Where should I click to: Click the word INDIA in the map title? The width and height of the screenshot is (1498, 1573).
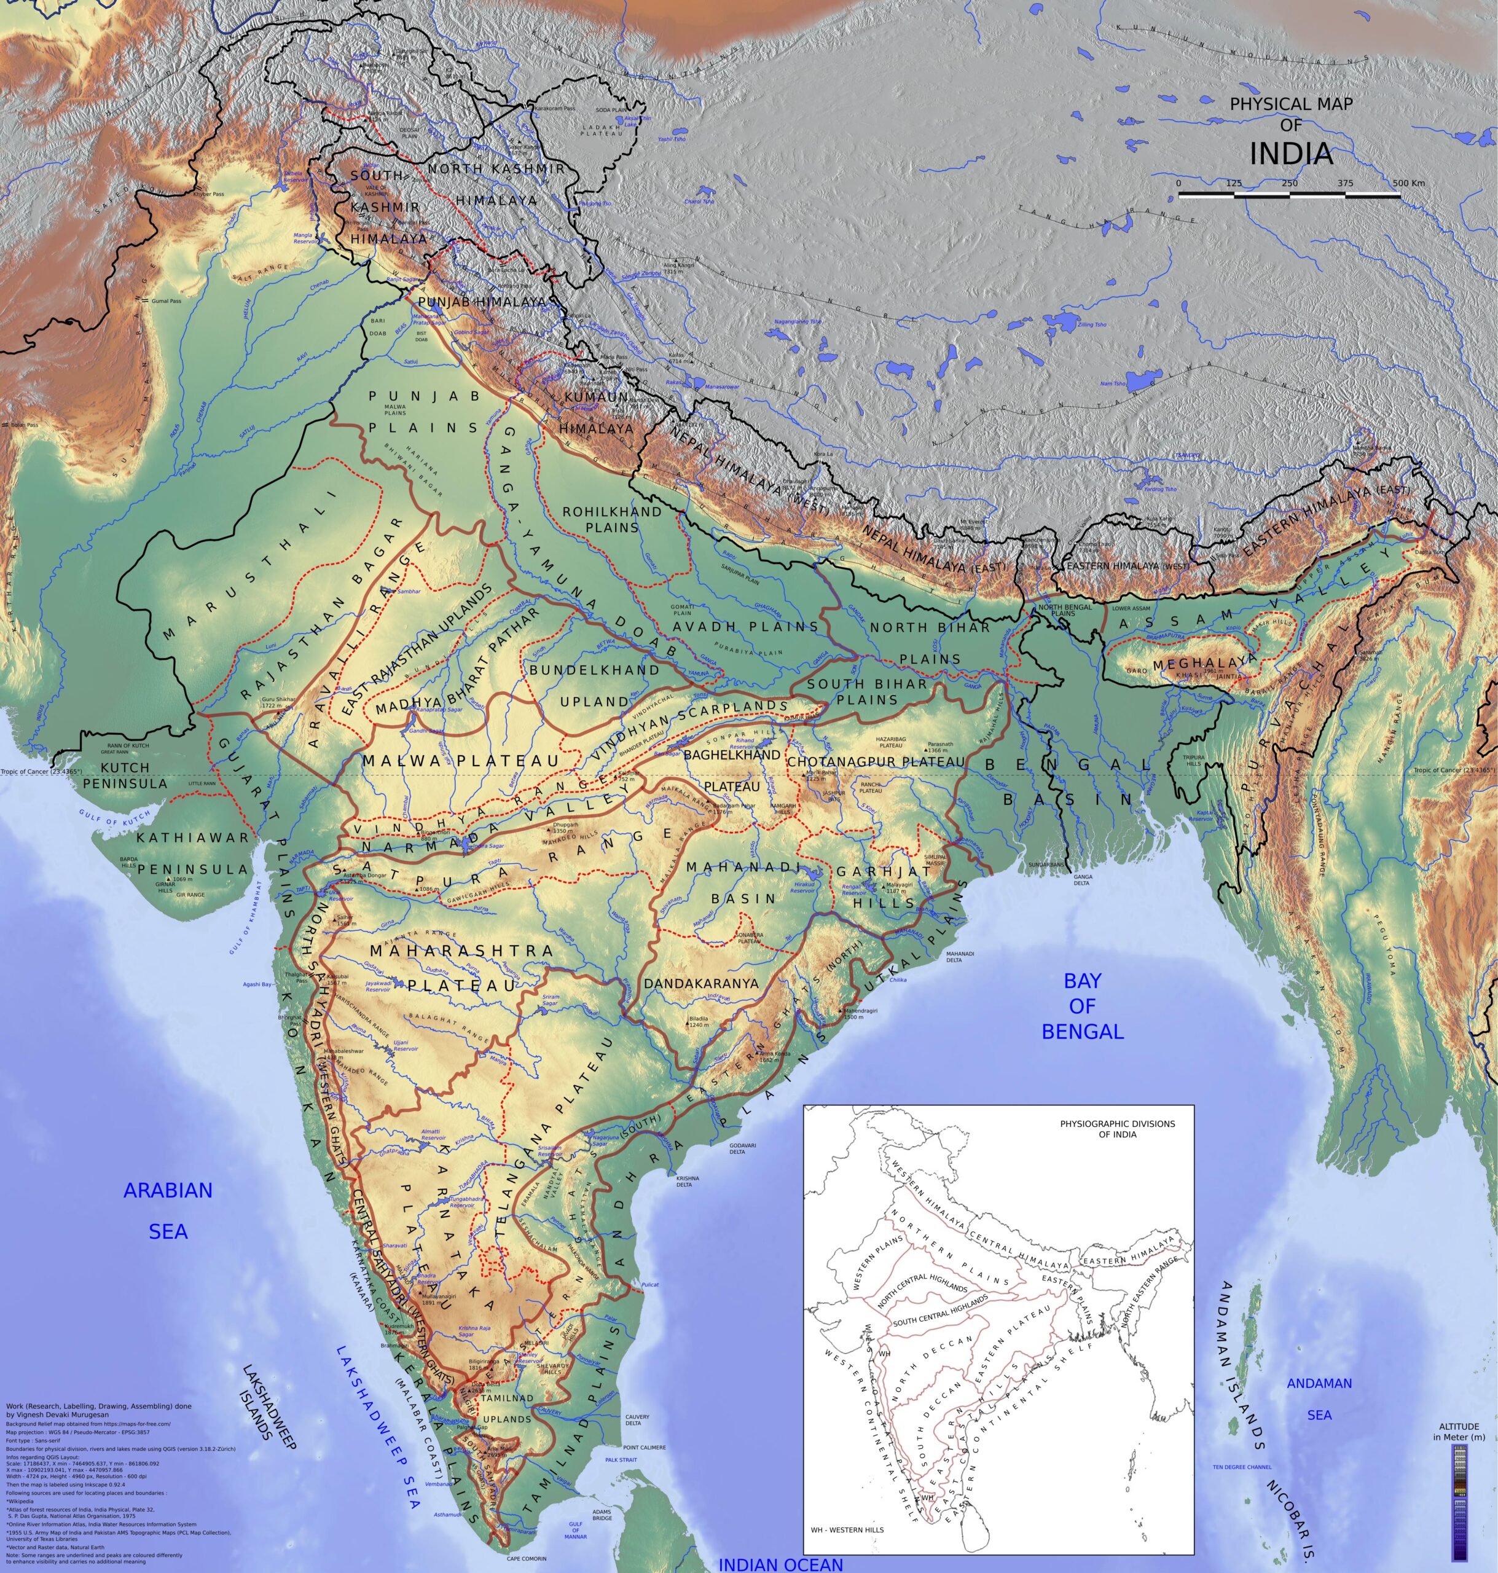click(x=1290, y=154)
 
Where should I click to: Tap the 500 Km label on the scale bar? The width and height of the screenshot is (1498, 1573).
click(x=1408, y=183)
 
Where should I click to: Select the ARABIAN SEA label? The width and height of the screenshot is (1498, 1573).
click(x=168, y=1210)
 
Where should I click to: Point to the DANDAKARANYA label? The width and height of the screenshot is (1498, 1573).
click(x=700, y=984)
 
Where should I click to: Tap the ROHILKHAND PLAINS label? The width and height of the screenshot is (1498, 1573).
click(x=611, y=519)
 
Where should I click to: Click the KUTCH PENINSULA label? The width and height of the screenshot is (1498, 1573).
click(x=125, y=775)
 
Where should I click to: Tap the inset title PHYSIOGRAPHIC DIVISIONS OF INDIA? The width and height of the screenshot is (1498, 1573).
click(x=1117, y=1128)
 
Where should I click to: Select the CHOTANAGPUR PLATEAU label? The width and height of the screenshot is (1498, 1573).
click(x=876, y=762)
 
